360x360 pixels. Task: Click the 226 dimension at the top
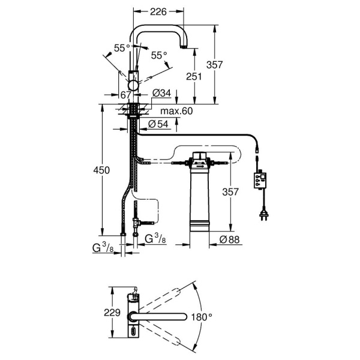point(158,12)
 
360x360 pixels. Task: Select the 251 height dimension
point(194,76)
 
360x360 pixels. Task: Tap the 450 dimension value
point(101,170)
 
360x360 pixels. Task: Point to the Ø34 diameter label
point(162,93)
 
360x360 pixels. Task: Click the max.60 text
point(176,111)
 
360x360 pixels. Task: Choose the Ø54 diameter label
point(158,124)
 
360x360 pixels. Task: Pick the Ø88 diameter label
point(229,239)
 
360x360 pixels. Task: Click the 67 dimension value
point(125,95)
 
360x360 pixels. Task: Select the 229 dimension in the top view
point(112,313)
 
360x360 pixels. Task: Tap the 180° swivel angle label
point(202,317)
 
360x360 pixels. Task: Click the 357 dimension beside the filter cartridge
point(230,192)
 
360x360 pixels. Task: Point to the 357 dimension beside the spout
point(214,65)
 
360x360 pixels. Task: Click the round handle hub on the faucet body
point(133,85)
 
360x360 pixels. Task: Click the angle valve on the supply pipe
point(136,222)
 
